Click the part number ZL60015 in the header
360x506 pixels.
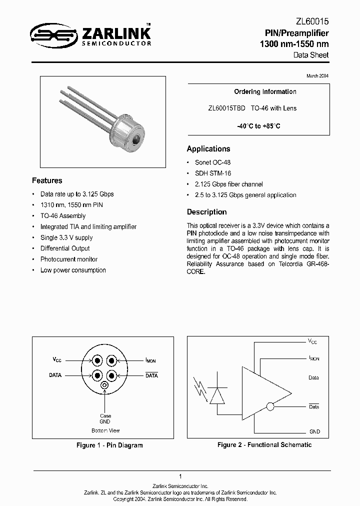[312, 22]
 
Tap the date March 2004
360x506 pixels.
[317, 75]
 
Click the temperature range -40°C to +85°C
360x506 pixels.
[258, 126]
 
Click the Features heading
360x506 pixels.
[47, 180]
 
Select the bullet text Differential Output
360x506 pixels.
[65, 248]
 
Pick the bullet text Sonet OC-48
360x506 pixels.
[212, 162]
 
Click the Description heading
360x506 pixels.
[206, 212]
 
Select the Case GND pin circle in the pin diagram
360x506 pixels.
[104, 385]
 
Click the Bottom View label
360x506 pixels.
[105, 430]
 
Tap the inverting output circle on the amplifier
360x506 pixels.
[270, 406]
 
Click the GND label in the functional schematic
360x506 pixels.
[314, 431]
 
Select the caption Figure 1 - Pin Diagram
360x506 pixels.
[109, 445]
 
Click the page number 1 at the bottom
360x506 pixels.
[179, 476]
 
